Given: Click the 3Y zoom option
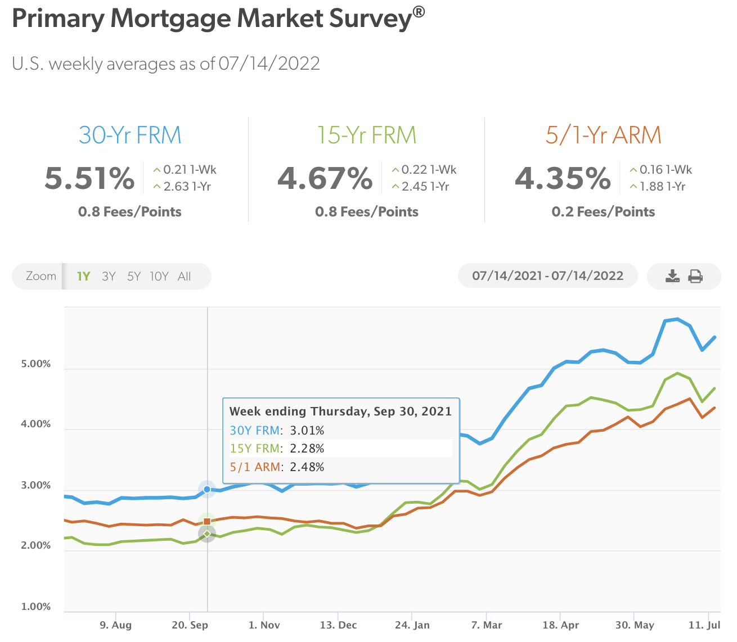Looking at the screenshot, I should (x=109, y=276).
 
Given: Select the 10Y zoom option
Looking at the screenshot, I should (x=159, y=276).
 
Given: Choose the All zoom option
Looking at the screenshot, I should (x=185, y=276).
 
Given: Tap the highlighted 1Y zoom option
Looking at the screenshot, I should (x=83, y=276).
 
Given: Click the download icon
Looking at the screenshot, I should (x=672, y=276).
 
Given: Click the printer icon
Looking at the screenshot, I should (x=696, y=276).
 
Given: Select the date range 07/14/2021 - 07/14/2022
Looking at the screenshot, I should (x=547, y=276).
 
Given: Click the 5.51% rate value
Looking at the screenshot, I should (x=90, y=178).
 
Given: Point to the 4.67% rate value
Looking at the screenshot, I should (x=325, y=178).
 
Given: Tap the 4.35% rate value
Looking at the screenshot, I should (x=563, y=178).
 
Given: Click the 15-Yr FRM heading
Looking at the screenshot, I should (x=366, y=135).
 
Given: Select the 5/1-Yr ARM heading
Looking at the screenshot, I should (x=603, y=135).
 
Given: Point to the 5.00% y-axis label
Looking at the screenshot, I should (x=36, y=364).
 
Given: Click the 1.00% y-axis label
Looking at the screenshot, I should (x=36, y=607).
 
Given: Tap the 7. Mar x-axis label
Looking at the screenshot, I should (x=487, y=625).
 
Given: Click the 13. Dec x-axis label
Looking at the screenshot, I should (x=338, y=625).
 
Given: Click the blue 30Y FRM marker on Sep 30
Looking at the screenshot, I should (x=207, y=490).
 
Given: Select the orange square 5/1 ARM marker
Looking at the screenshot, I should (x=207, y=522).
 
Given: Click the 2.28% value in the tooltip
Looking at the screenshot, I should (x=307, y=449).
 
